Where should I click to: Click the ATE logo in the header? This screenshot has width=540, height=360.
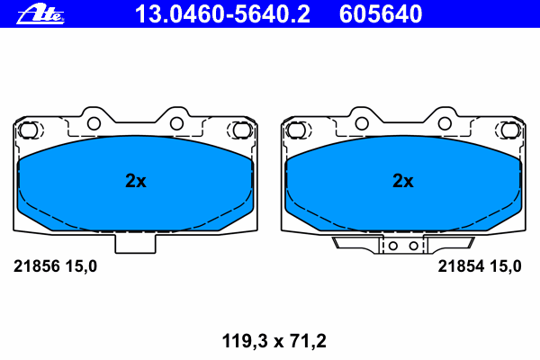pos(40,14)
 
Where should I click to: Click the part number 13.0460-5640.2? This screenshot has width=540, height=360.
pos(222,14)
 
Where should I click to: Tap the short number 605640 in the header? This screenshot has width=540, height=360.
pos(381,14)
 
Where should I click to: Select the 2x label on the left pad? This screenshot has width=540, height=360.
pos(136,181)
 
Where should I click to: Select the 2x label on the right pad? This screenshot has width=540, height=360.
pos(403,181)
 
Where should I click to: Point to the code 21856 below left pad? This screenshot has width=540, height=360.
pos(37,266)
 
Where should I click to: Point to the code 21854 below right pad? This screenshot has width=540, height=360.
pos(461,266)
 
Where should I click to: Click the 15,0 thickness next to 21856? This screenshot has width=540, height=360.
pos(81,266)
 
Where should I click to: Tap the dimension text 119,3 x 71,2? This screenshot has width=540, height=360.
pos(274,341)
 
